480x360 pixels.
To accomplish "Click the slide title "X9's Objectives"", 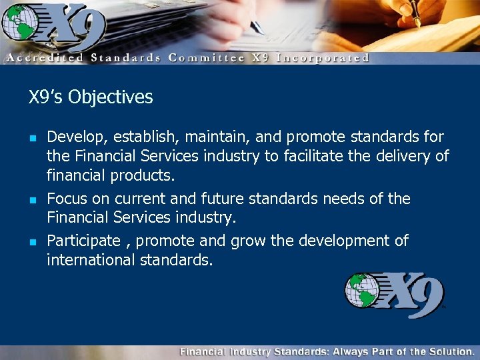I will coord(91,97).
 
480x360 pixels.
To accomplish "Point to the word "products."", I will coord(141,176).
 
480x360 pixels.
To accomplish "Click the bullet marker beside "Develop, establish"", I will coord(32,139).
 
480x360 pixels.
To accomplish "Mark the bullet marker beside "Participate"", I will coord(32,241).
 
